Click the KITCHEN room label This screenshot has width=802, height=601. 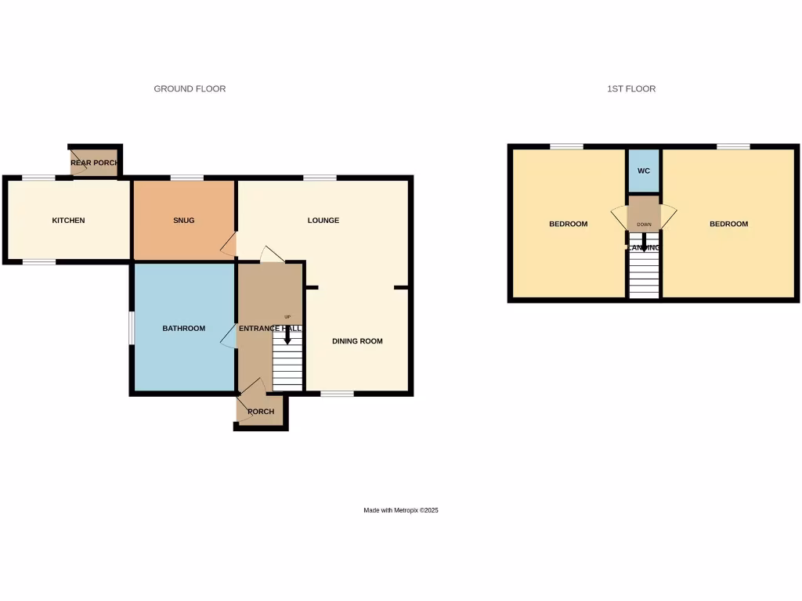[x=68, y=221]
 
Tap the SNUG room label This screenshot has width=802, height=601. [x=183, y=221]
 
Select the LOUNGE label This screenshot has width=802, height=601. [x=323, y=221]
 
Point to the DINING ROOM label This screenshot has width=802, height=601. [x=357, y=341]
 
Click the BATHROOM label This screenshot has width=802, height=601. [x=183, y=329]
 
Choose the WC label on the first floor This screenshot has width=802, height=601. [x=643, y=171]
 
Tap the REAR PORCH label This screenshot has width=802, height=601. [x=94, y=163]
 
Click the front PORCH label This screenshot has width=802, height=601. [x=261, y=412]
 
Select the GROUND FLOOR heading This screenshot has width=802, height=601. [x=190, y=89]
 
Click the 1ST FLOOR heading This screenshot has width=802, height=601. [x=631, y=89]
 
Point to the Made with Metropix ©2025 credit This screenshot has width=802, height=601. [x=401, y=510]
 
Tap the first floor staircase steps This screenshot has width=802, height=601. [x=644, y=278]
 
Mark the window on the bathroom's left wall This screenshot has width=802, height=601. [x=132, y=328]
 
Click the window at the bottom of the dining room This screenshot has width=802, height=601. [x=337, y=393]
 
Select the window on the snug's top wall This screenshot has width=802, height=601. [x=186, y=178]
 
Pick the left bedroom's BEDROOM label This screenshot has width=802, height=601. [x=568, y=225]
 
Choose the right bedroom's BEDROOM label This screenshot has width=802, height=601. [x=728, y=225]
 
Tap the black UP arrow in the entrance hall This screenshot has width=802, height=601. [x=287, y=336]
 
